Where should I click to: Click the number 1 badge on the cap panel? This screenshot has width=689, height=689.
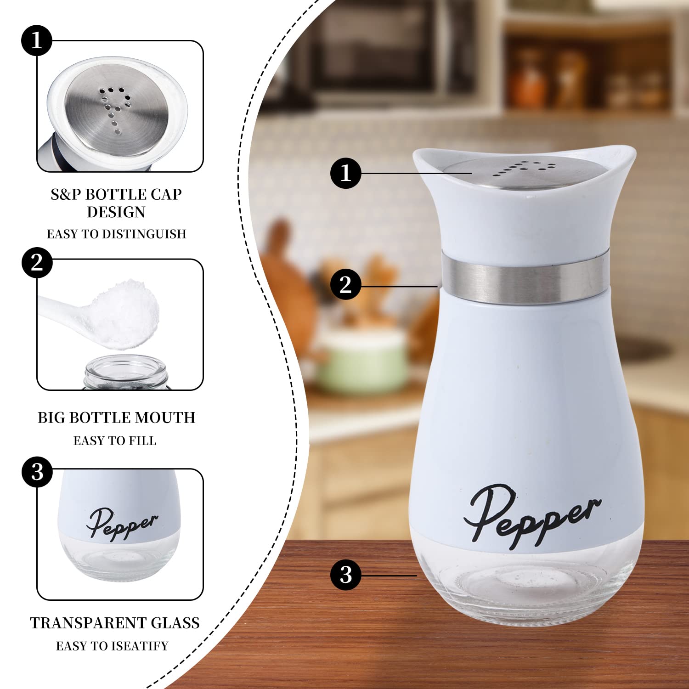click(x=37, y=41)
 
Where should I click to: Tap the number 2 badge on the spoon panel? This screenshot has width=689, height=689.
click(x=37, y=263)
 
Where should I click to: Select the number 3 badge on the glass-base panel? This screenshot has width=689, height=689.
click(x=37, y=472)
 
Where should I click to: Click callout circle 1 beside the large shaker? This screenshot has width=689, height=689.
click(x=345, y=173)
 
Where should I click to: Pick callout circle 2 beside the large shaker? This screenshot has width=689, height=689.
click(x=345, y=284)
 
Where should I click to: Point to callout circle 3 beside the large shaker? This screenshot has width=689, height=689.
click(x=345, y=574)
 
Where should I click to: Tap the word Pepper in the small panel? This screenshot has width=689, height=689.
click(x=122, y=524)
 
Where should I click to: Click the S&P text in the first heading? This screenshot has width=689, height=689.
click(x=66, y=194)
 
